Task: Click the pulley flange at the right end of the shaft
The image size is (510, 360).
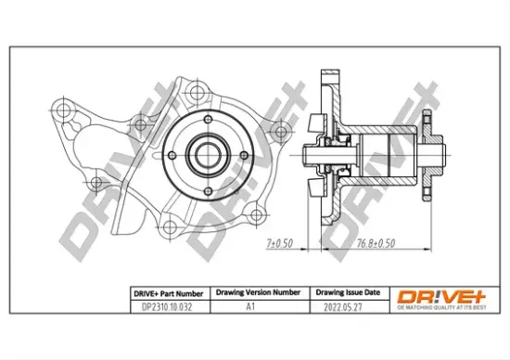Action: pos(427,152)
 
